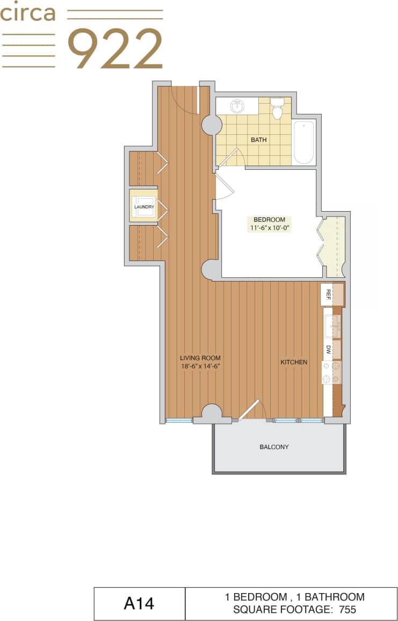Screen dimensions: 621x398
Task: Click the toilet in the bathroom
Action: pyautogui.click(x=277, y=109)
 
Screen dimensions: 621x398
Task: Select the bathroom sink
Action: pyautogui.click(x=237, y=106)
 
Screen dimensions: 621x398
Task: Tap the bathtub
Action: pyautogui.click(x=303, y=142)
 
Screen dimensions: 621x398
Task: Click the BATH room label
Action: pyautogui.click(x=258, y=140)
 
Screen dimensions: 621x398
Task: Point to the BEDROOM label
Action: pyautogui.click(x=269, y=220)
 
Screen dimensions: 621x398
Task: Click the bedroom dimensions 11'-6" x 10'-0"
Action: pyautogui.click(x=269, y=228)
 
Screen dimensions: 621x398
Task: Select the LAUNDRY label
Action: pyautogui.click(x=144, y=207)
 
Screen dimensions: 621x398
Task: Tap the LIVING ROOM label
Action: pyautogui.click(x=200, y=358)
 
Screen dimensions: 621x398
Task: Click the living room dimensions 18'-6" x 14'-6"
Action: pyautogui.click(x=200, y=366)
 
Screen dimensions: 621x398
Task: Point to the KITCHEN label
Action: pyautogui.click(x=294, y=362)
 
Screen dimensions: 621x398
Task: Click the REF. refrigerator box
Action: pyautogui.click(x=329, y=295)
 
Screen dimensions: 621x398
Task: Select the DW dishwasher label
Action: pyautogui.click(x=328, y=349)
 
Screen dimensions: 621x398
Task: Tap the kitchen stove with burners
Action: pyautogui.click(x=331, y=372)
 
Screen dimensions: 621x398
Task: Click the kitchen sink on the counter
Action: pyautogui.click(x=331, y=326)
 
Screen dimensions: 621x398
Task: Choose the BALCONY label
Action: pyautogui.click(x=274, y=447)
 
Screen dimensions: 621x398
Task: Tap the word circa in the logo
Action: pyautogui.click(x=28, y=13)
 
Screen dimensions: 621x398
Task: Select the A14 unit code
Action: pyautogui.click(x=139, y=604)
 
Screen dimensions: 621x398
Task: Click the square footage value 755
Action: pyautogui.click(x=346, y=610)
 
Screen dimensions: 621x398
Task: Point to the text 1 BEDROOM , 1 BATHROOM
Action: pyautogui.click(x=294, y=597)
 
